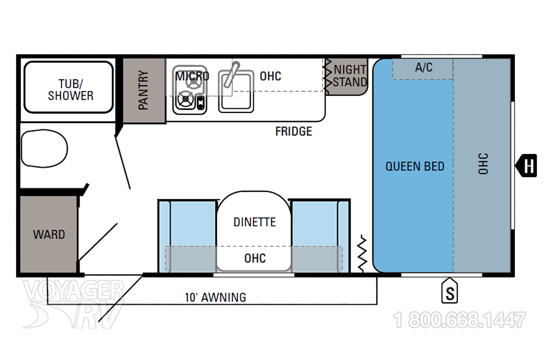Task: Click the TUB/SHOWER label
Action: (71, 90)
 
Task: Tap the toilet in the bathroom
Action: (44, 148)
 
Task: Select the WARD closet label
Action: (49, 235)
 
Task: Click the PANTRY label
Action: (143, 90)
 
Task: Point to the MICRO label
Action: (193, 76)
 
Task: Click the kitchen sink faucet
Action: (231, 74)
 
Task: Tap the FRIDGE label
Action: (294, 131)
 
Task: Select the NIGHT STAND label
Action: (350, 76)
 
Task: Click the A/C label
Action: (424, 67)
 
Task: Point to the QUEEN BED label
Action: (415, 166)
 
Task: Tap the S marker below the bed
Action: (450, 290)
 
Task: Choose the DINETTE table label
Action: (255, 222)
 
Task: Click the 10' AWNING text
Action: (215, 297)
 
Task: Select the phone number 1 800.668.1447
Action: (459, 320)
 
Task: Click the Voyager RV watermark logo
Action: (74, 304)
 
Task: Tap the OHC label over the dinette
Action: (255, 258)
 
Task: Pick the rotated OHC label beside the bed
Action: (483, 164)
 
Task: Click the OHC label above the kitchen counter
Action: (270, 76)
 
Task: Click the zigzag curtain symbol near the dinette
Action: (362, 253)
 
